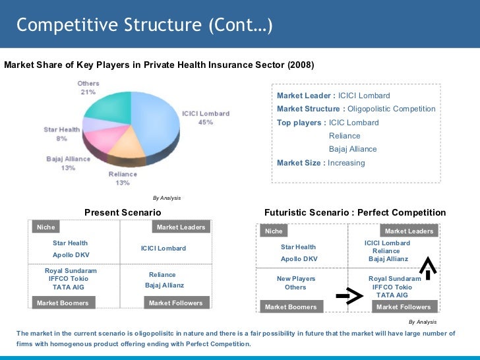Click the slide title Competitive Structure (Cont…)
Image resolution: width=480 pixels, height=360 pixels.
coord(144,25)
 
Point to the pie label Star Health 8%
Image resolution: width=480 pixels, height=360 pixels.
coord(62,134)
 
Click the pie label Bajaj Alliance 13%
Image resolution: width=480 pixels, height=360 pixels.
coord(69,164)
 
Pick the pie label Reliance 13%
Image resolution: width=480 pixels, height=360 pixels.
coord(123,178)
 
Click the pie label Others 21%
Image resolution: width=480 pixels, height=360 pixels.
coord(88,88)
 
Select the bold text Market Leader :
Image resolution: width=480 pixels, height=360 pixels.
coord(306,96)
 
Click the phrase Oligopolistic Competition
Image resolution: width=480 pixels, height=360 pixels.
coord(391,109)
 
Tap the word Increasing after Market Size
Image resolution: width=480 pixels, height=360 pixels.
coord(346,163)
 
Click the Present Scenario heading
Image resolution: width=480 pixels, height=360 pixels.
coord(123,212)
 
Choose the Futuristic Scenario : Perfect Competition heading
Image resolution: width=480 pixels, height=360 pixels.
coord(355,212)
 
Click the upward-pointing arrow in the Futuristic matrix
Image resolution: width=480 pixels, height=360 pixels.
coord(429,266)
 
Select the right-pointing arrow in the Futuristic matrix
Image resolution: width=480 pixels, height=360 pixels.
coord(349,297)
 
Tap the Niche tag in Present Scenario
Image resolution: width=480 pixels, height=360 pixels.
coord(46,227)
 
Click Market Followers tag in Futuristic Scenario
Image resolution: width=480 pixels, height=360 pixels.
coord(404,307)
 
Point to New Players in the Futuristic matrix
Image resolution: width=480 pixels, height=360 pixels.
coord(296,279)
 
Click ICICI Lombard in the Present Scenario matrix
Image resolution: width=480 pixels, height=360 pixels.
coord(164,249)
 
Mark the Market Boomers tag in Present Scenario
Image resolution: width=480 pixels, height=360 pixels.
coord(63,303)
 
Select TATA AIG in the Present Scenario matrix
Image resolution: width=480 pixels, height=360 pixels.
coord(69,287)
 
